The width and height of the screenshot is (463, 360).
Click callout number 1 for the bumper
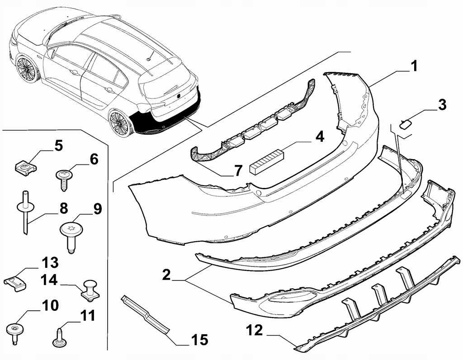coord(414,66)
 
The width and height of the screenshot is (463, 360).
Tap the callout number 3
coord(442,105)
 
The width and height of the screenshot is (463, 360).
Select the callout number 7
coord(238,170)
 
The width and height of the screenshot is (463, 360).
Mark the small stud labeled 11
coord(60,337)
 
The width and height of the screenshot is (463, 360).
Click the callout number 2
coord(166,275)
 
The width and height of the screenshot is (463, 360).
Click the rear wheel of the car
coord(120,123)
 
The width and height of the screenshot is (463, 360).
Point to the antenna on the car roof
coord(150,56)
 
